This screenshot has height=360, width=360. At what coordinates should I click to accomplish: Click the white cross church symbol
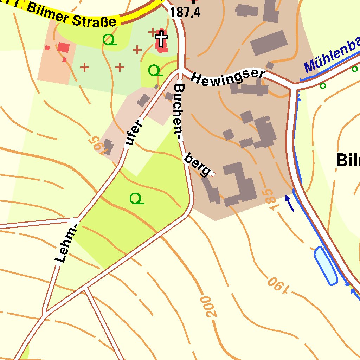[x=161, y=39]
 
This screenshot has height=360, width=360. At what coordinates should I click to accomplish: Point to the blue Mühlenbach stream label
[x=332, y=56]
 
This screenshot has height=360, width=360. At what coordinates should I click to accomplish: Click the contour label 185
[x=268, y=199]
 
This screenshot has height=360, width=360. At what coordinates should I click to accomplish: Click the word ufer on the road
[x=134, y=133]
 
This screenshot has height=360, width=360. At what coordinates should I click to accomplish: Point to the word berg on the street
[x=198, y=164]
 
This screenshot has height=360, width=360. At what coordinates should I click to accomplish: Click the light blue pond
[x=326, y=265]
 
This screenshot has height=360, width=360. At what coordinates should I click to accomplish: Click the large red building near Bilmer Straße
[x=64, y=47]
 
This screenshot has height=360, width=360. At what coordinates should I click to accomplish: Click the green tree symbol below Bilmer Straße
[x=109, y=39]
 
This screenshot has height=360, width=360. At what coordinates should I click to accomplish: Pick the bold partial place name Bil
[x=347, y=160]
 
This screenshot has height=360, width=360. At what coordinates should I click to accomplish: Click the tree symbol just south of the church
[x=155, y=71]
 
